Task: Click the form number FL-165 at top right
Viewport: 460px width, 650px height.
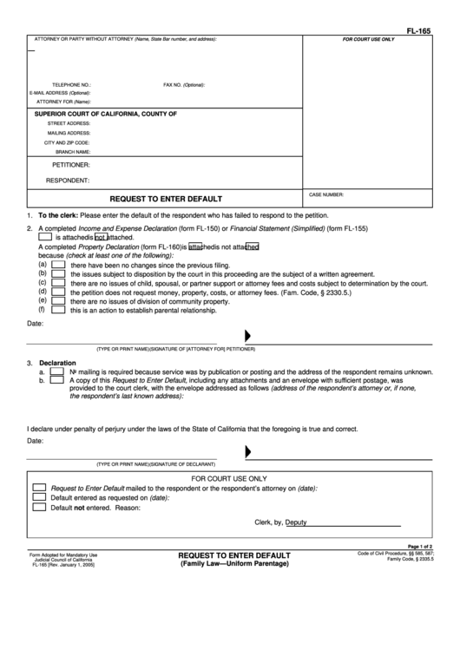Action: [419, 31]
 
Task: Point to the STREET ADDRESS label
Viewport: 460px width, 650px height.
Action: [69, 123]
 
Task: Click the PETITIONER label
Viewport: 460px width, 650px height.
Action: [71, 164]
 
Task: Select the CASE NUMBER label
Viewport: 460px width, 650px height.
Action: [326, 194]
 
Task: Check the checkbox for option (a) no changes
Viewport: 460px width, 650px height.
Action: [58, 265]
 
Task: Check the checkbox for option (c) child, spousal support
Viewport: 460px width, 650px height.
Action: [58, 283]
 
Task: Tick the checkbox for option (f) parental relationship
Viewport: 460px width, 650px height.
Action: [58, 310]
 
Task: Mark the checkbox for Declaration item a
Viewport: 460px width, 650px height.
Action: [56, 371]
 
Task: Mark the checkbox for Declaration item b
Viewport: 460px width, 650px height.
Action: [56, 380]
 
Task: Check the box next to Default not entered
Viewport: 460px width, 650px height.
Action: [39, 508]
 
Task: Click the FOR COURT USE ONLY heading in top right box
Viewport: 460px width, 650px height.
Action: [368, 40]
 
